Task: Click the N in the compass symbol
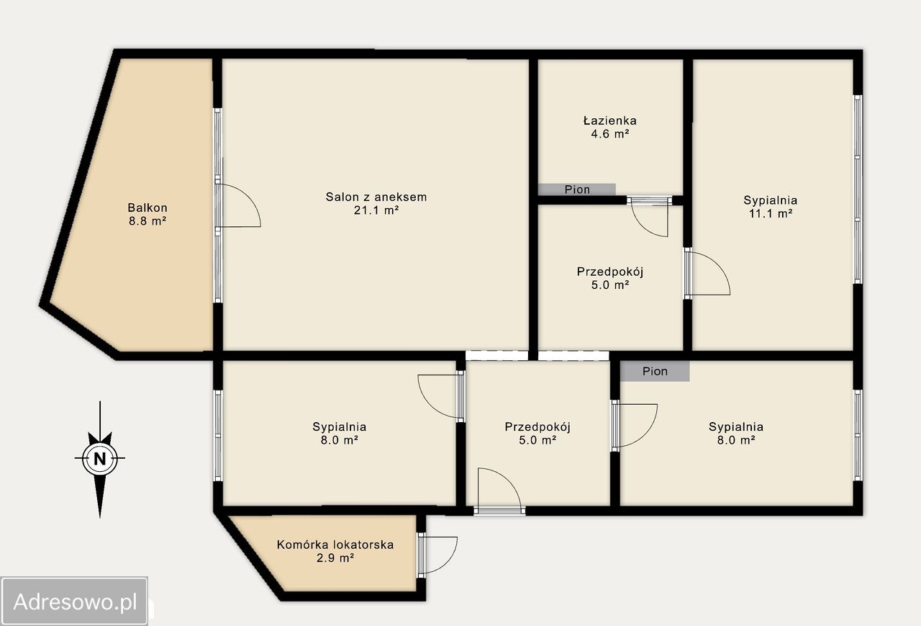coord(100,458)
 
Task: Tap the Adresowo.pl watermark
coord(74,602)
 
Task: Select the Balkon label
coord(148,207)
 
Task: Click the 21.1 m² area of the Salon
coord(376,210)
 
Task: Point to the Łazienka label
coord(610,120)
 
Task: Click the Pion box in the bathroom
coord(577,189)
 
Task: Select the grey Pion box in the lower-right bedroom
coord(655,371)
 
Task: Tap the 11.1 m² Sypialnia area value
coord(771,214)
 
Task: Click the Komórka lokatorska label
coord(335,545)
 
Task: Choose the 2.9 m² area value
coord(335,558)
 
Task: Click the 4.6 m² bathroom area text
coord(610,134)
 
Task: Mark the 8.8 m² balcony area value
coord(148,221)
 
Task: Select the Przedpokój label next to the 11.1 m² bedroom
coord(610,272)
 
